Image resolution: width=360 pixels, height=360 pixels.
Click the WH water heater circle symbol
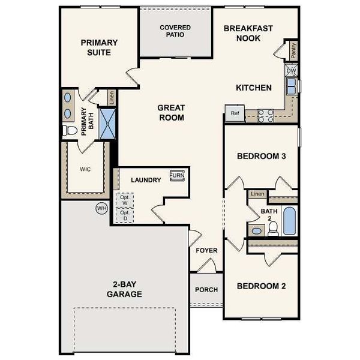(101, 208)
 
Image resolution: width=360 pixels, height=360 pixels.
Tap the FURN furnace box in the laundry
(176, 175)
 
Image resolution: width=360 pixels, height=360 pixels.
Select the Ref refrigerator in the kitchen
(234, 113)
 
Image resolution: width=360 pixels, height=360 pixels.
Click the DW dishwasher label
(291, 71)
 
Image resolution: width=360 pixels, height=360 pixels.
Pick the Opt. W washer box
(124, 200)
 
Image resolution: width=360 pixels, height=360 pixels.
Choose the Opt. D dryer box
(124, 215)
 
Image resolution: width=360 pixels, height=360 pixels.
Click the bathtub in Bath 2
(289, 220)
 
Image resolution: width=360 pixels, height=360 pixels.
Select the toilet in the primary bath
(70, 130)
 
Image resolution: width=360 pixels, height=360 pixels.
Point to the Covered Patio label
(175, 31)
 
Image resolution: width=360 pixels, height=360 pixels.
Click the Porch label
(206, 289)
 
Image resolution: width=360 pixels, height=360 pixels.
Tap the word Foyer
(206, 250)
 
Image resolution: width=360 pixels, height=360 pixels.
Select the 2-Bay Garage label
(124, 289)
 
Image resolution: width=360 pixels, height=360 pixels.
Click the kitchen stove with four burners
(266, 115)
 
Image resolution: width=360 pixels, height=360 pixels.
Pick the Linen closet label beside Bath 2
(257, 194)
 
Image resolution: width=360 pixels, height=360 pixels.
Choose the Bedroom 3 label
(260, 157)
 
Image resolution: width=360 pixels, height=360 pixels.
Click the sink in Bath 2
(257, 230)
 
